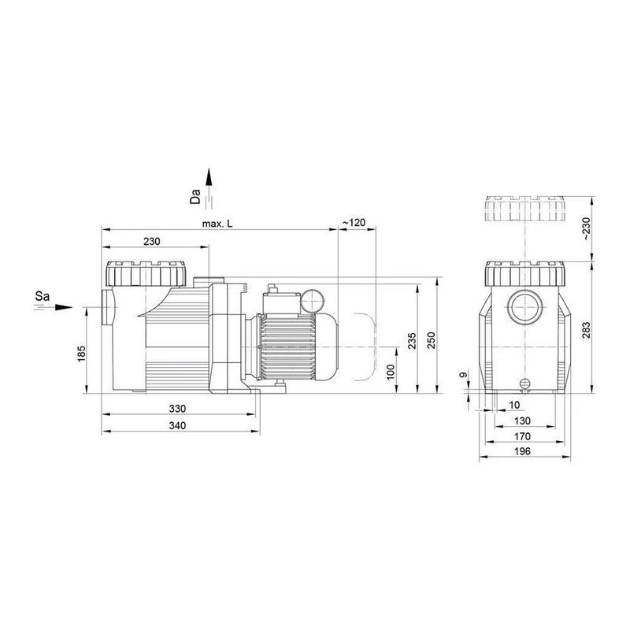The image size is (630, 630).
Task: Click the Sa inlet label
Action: click(43, 296)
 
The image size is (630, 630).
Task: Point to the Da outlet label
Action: click(195, 196)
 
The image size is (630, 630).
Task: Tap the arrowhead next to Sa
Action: click(64, 307)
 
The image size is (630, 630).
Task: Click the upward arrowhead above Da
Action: click(209, 176)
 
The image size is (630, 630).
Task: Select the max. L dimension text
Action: click(217, 224)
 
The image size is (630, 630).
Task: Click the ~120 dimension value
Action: click(354, 222)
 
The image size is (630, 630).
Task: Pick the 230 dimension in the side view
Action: click(151, 241)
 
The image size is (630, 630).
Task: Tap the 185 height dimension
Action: click(82, 354)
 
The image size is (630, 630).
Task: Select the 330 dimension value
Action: click(177, 409)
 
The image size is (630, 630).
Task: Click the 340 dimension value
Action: click(177, 425)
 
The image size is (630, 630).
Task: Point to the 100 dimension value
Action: click(391, 372)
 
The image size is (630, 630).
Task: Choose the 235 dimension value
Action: click(412, 341)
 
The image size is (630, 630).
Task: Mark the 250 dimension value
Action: click(431, 340)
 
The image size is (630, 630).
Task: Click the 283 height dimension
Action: click(586, 330)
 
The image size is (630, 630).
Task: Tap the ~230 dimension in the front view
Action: click(586, 228)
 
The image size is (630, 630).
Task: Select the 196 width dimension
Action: click(522, 451)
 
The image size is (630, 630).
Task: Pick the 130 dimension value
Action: click(522, 421)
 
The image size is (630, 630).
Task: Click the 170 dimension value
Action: click(522, 436)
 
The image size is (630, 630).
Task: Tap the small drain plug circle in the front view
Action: click(524, 383)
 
